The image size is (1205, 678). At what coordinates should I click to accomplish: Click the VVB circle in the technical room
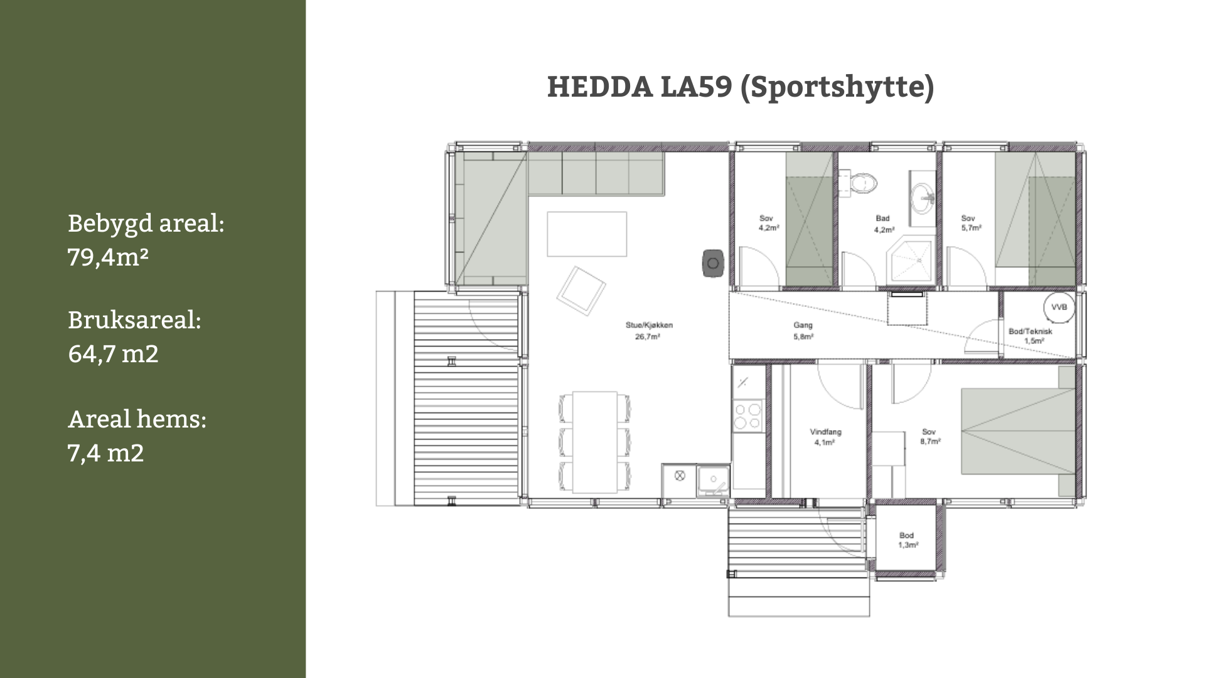click(x=1059, y=308)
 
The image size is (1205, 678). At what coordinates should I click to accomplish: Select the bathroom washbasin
click(x=923, y=196)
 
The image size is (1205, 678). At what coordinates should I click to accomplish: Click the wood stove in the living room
click(x=712, y=263)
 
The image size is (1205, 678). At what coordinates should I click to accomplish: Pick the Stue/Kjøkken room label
click(x=648, y=331)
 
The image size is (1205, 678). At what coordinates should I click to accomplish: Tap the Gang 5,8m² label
click(x=803, y=331)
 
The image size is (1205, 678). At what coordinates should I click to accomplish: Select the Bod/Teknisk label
click(x=1030, y=331)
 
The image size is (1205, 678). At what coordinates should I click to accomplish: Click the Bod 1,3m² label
click(x=907, y=540)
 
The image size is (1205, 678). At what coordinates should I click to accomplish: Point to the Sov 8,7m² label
click(x=929, y=436)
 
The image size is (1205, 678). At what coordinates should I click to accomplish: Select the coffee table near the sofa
click(x=587, y=234)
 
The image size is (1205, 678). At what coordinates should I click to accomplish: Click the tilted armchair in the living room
click(x=581, y=291)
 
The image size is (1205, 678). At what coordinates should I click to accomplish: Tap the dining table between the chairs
click(x=594, y=443)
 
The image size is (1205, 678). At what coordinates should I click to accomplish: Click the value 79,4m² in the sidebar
click(x=108, y=257)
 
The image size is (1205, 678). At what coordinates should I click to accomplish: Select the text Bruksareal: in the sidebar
click(x=134, y=320)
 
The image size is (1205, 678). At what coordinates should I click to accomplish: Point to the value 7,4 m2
click(x=106, y=453)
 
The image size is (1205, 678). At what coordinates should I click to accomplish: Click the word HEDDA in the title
click(x=599, y=87)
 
